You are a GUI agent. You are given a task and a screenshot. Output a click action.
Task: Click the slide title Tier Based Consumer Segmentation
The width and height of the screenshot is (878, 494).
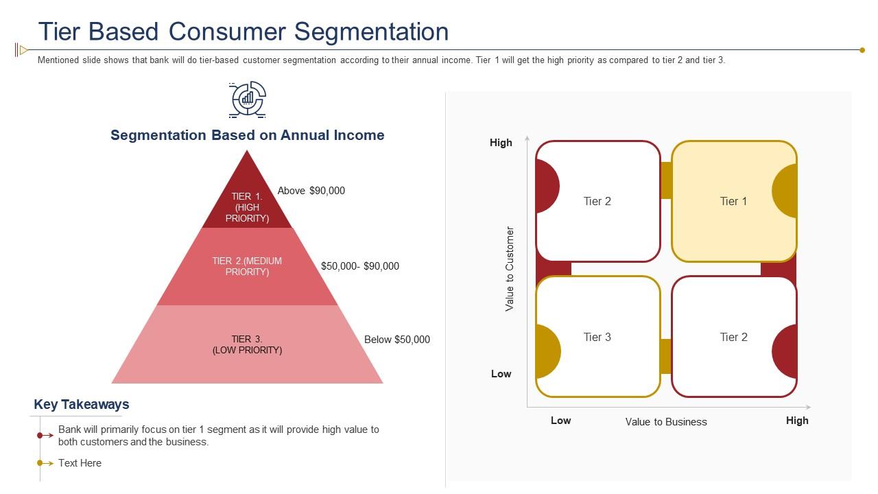[x=244, y=32]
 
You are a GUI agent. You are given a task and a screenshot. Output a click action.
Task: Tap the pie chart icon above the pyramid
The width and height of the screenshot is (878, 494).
[x=248, y=99]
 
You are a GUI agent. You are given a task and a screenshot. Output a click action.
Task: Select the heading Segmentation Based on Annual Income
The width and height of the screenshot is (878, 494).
[x=247, y=135]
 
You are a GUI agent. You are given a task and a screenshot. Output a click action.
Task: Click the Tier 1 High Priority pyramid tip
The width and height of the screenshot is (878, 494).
[x=247, y=202]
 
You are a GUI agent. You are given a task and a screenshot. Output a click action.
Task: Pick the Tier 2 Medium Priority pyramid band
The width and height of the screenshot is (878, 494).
[x=247, y=266]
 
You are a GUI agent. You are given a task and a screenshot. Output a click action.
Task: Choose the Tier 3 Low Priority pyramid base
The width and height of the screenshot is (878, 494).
[x=247, y=344]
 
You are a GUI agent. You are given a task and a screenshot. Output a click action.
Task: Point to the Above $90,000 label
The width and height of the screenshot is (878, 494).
[x=311, y=191]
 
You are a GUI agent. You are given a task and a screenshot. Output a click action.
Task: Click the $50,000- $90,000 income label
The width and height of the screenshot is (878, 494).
[x=359, y=266]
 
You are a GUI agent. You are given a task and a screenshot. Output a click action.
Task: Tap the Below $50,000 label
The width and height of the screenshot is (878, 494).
[x=396, y=340]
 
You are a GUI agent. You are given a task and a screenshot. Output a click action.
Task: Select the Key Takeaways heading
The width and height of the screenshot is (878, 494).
[x=82, y=405]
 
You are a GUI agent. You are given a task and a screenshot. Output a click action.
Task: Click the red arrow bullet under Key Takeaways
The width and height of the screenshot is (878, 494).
[x=45, y=436]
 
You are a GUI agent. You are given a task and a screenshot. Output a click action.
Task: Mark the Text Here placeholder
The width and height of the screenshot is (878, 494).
[x=80, y=463]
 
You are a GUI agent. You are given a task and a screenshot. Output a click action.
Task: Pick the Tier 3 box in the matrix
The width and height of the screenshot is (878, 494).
[x=597, y=337]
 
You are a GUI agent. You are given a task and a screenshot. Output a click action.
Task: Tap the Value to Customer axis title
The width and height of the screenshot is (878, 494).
[x=510, y=269]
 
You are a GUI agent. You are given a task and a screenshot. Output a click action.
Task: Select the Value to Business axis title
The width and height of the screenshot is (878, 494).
[x=665, y=422]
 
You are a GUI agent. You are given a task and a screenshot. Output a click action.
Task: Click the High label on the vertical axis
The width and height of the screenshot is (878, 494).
[x=501, y=143]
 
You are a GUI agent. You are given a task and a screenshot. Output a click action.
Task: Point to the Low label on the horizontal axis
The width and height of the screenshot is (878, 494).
[x=560, y=421]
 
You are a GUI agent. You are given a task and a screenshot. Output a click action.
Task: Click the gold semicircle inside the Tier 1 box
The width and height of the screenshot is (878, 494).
[x=785, y=191]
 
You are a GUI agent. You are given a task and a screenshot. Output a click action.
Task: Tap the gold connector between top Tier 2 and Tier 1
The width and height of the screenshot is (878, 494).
[x=665, y=180]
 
